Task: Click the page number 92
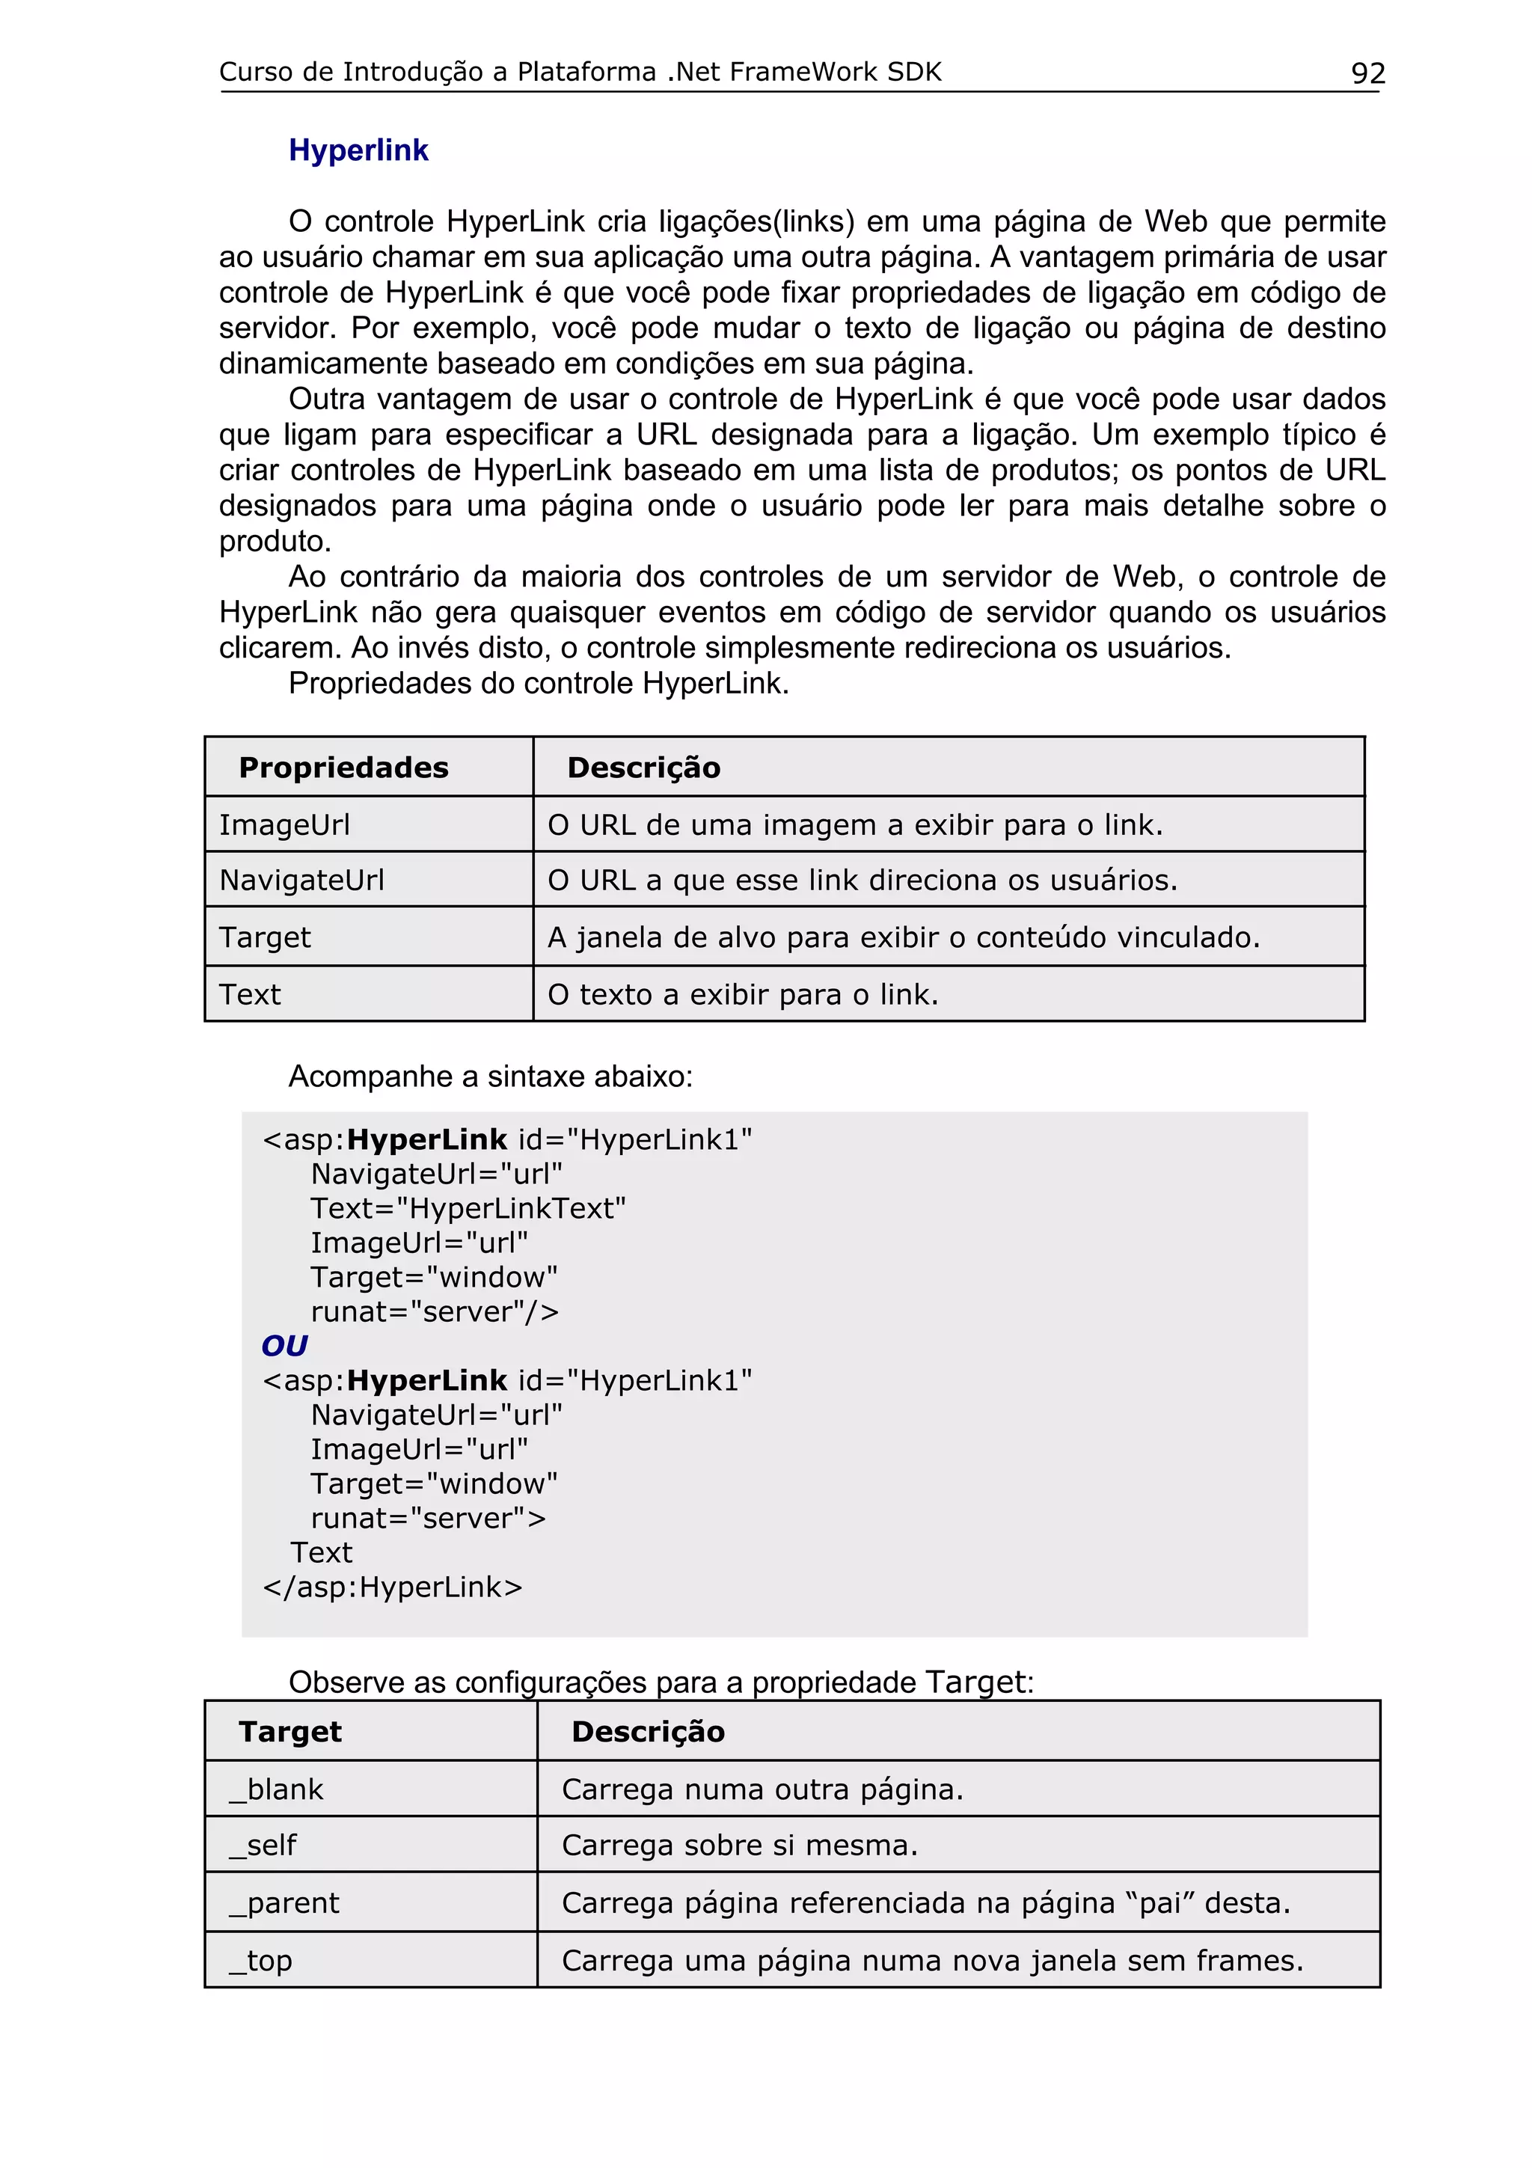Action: click(1367, 73)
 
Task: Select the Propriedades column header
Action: click(343, 768)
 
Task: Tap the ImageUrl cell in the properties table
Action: click(284, 825)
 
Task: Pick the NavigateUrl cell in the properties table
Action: click(301, 880)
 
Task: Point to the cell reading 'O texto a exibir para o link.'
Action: click(743, 994)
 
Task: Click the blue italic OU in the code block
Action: click(284, 1346)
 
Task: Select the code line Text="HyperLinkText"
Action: click(468, 1209)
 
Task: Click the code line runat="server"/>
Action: click(434, 1311)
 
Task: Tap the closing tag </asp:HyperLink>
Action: click(393, 1587)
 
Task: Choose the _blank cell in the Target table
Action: click(275, 1789)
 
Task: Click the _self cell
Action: click(263, 1845)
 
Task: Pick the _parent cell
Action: click(284, 1902)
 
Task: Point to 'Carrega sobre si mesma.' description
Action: click(739, 1845)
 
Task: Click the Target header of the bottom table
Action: click(289, 1732)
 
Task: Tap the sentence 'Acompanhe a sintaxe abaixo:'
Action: click(490, 1077)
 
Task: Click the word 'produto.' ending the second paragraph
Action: click(275, 542)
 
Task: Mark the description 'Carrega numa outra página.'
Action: click(762, 1789)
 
